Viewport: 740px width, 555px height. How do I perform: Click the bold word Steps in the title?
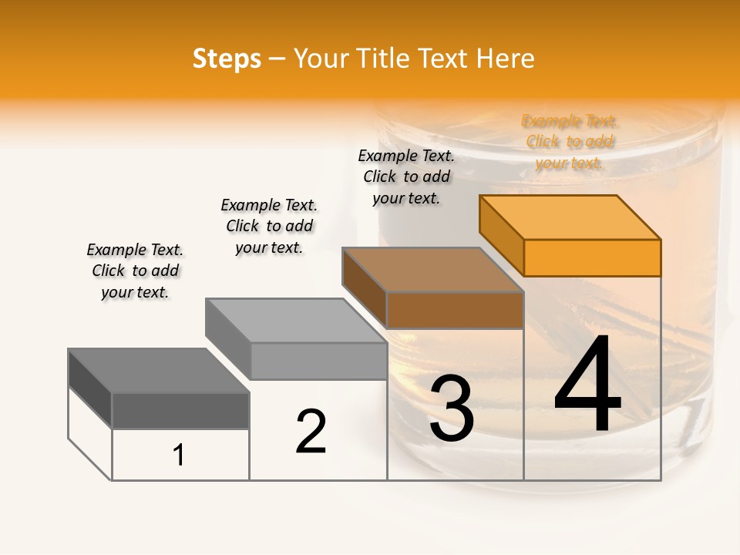click(227, 59)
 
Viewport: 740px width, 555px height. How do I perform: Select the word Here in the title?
click(506, 59)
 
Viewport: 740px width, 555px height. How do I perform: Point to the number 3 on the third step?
click(451, 409)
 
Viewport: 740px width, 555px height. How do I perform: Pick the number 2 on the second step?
click(311, 432)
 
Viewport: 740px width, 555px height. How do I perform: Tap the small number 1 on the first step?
click(179, 456)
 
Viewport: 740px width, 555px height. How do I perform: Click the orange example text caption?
click(570, 142)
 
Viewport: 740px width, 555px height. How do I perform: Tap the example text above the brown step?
click(406, 177)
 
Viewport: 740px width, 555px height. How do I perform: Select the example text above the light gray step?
click(269, 226)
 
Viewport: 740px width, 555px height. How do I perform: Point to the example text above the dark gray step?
click(135, 271)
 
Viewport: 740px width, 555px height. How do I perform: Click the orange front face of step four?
click(592, 257)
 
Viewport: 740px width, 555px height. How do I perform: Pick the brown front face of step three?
click(455, 310)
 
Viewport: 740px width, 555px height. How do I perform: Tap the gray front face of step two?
click(318, 361)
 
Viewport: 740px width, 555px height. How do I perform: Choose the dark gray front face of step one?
click(180, 411)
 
